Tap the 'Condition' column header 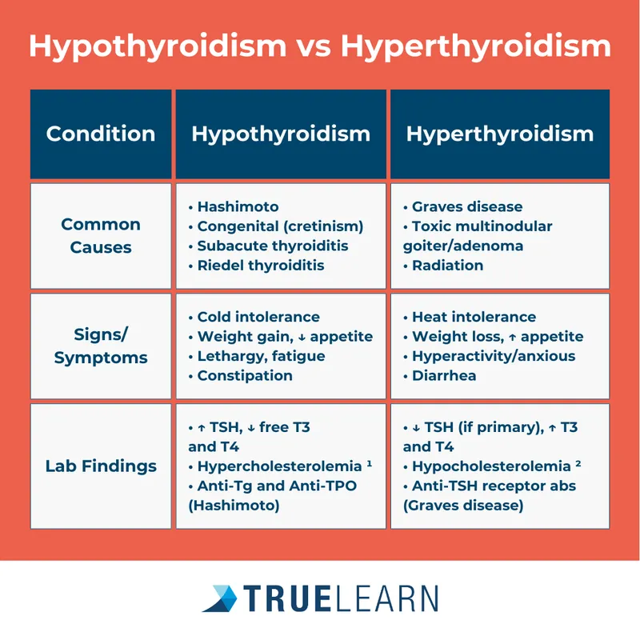101,134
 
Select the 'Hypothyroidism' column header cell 281,134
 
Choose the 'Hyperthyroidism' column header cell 500,134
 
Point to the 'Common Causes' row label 101,235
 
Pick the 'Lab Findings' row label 101,466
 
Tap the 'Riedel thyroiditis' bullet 261,265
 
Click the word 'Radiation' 448,265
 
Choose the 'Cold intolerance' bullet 258,317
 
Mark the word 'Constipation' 245,375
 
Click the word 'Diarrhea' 445,375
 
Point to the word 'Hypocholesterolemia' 491,466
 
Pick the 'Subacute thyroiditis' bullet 272,246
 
